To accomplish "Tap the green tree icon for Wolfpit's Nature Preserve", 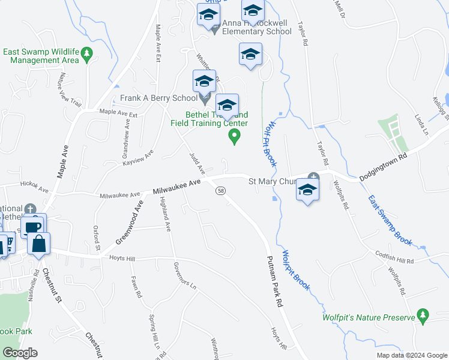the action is pyautogui.click(x=423, y=315).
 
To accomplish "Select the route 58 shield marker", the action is pyautogui.click(x=221, y=190).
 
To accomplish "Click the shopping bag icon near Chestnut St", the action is pyautogui.click(x=39, y=244).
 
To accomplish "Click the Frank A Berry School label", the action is pyautogui.click(x=158, y=98).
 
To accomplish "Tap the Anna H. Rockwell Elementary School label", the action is pyautogui.click(x=256, y=27).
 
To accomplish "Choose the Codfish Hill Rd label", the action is pyautogui.click(x=395, y=257).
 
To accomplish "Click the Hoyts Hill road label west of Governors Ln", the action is pyautogui.click(x=123, y=258).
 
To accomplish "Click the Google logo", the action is pyautogui.click(x=20, y=353).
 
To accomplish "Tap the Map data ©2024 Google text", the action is pyautogui.click(x=412, y=355).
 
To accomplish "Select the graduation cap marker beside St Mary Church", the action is pyautogui.click(x=307, y=191).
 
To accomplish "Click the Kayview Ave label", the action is pyautogui.click(x=138, y=158).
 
